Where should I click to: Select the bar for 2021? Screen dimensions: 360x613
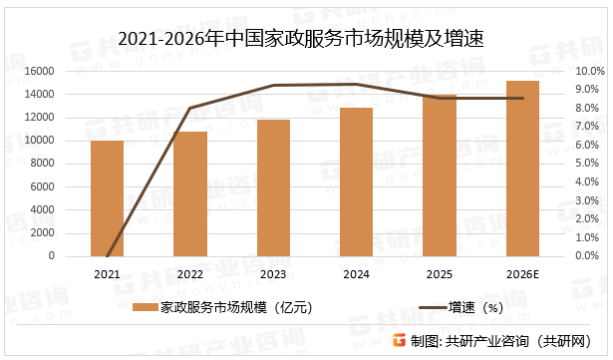(107, 198)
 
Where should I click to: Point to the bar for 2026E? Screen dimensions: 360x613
(522, 169)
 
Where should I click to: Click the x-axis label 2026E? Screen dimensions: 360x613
(522, 273)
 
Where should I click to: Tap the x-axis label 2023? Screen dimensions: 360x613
(273, 273)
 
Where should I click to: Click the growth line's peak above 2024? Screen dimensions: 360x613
(356, 85)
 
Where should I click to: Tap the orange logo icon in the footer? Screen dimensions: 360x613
(399, 340)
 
